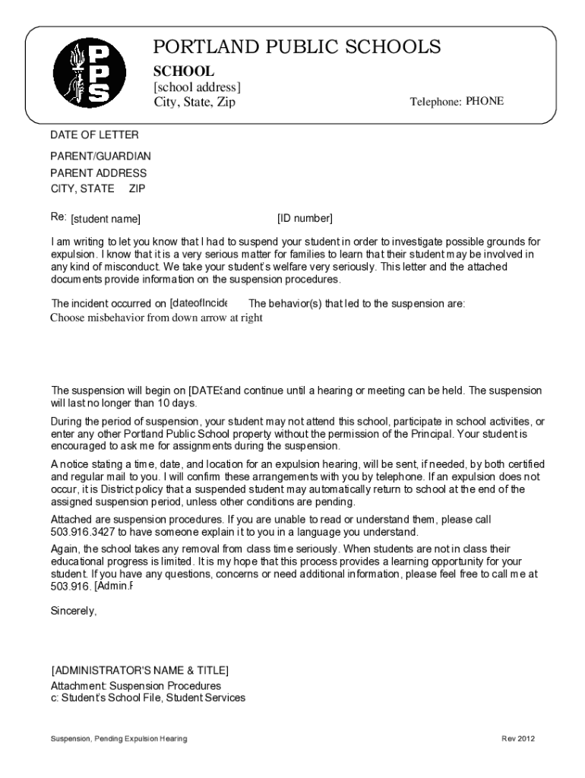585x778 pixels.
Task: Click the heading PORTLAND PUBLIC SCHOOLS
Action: pos(296,47)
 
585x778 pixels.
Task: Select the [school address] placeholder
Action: pos(197,87)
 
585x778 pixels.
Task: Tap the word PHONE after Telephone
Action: pos(484,101)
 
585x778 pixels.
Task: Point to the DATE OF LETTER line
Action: pos(94,135)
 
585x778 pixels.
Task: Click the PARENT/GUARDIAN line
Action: pos(100,157)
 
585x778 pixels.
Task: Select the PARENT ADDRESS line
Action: pos(98,173)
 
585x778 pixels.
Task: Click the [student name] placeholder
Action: pos(106,220)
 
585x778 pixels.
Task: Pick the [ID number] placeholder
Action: pos(305,219)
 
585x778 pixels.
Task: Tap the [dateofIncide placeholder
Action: pos(198,303)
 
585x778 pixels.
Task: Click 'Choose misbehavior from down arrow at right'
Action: pos(157,318)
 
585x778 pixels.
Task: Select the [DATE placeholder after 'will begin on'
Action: pos(204,391)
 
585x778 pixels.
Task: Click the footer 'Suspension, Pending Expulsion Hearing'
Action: pos(119,739)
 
